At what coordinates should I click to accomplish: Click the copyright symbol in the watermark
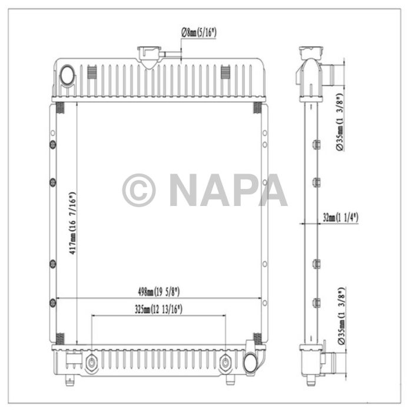point(139,190)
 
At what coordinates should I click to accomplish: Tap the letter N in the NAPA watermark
point(186,190)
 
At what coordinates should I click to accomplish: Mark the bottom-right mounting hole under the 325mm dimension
point(225,361)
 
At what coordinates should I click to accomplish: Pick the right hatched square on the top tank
point(225,72)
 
